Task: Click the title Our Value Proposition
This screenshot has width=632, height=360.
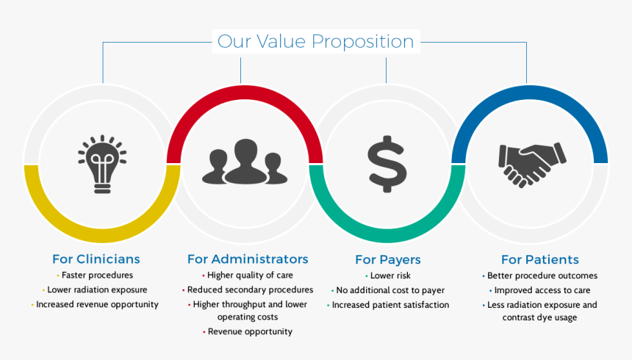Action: (315, 41)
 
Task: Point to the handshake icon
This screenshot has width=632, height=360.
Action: (531, 163)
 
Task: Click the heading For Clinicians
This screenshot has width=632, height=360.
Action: (96, 259)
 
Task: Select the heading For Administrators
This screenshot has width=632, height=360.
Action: (248, 259)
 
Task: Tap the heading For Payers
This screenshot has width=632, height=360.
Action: (387, 259)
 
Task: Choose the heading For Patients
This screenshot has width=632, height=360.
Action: (539, 259)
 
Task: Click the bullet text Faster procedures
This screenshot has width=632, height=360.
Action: (97, 276)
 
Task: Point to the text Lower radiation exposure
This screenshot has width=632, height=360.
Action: (98, 290)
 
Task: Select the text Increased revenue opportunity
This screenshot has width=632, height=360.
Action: (97, 304)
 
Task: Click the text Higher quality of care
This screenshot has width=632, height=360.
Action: (250, 276)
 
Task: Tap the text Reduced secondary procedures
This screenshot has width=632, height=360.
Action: (250, 289)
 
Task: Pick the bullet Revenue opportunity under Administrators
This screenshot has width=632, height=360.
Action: (250, 331)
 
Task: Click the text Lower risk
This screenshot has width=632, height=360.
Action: (391, 276)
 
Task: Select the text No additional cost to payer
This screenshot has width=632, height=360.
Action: (390, 290)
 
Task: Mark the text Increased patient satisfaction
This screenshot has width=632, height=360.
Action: (390, 305)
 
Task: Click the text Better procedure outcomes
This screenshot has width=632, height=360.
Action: (542, 276)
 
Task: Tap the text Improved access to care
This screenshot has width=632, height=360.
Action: (542, 290)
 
